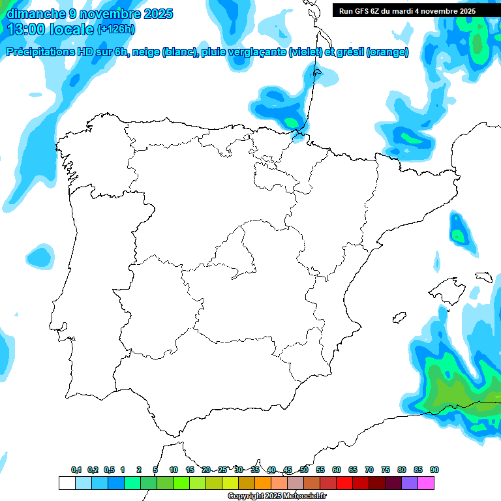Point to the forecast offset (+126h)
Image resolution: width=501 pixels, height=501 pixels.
point(116,29)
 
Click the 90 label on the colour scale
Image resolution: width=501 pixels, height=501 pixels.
point(434,470)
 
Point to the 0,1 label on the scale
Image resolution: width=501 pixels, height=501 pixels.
point(76,470)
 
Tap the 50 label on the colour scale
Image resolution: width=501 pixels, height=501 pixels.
point(304,470)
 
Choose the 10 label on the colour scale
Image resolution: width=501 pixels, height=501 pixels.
point(174,470)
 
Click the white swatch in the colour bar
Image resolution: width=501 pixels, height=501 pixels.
point(67,483)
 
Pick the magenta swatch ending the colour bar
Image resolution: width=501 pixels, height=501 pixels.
point(426,483)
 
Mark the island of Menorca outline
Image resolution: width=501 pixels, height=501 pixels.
point(483,277)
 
